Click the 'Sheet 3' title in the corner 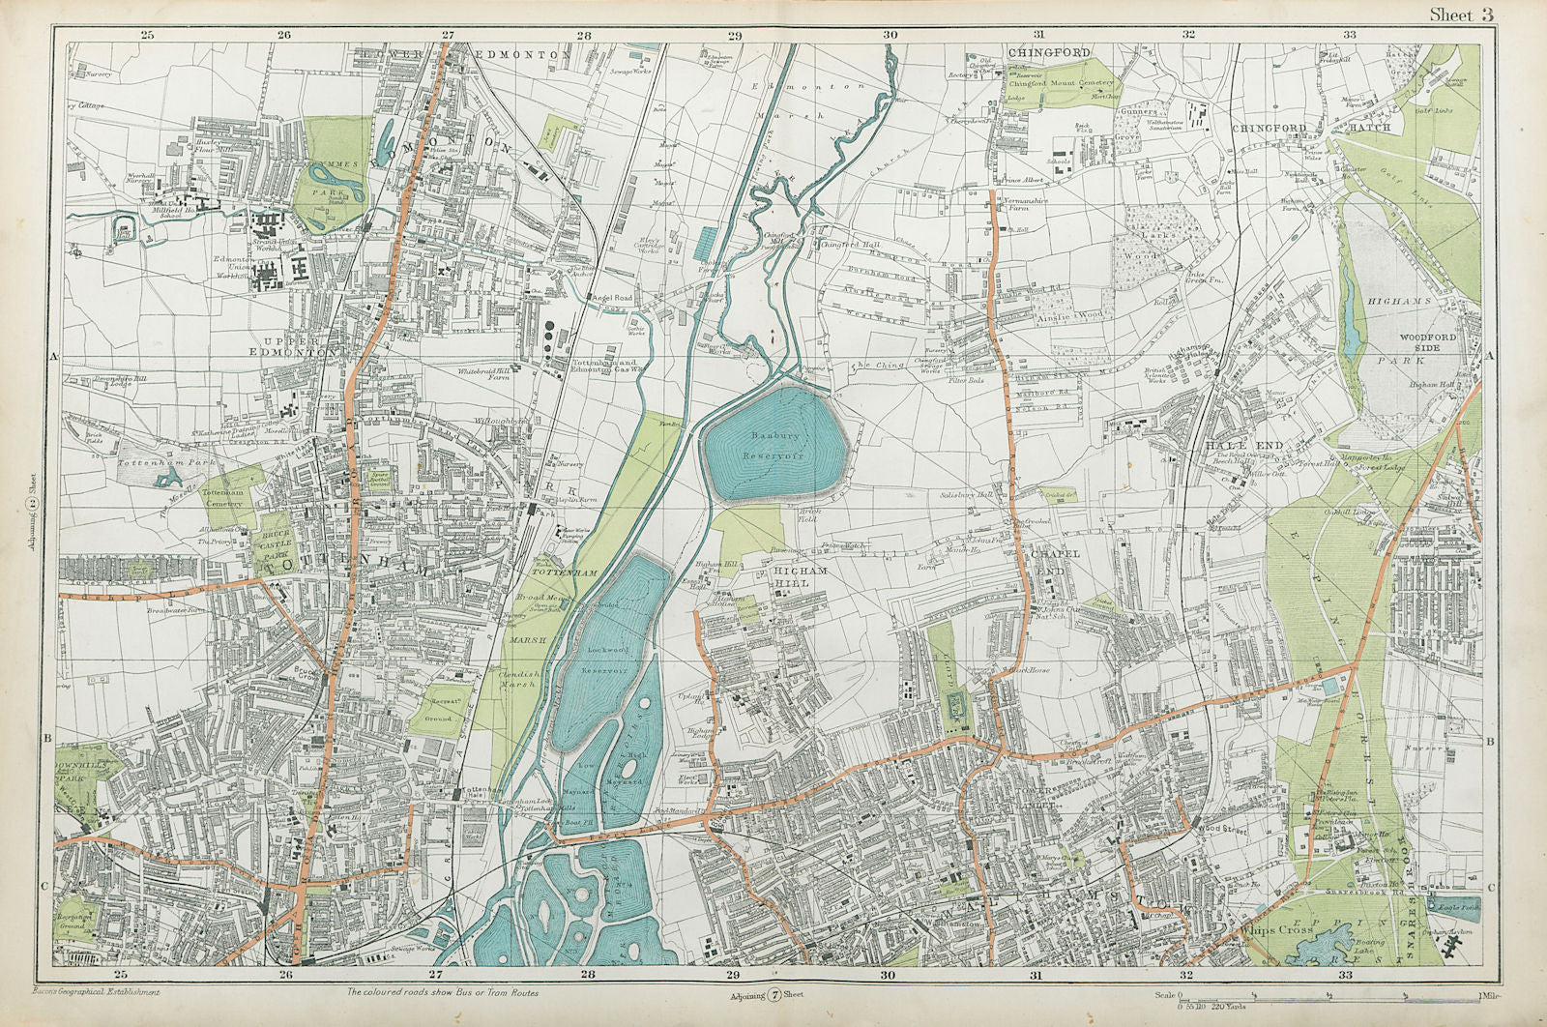click(1464, 14)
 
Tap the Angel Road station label click(611, 298)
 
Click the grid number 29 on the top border click(735, 36)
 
